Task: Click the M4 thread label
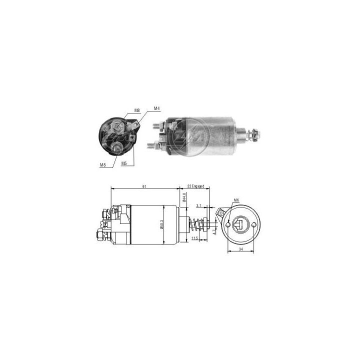point(156,108)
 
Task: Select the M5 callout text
point(123,163)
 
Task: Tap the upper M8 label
point(137,110)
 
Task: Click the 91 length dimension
point(144,186)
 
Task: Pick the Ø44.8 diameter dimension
point(184,197)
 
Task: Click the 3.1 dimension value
point(199,205)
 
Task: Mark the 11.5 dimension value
point(194,239)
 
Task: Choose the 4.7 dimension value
point(214,231)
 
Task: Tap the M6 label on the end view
point(236,200)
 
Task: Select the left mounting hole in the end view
point(228,225)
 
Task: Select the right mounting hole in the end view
point(256,225)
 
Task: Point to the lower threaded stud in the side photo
point(151,145)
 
